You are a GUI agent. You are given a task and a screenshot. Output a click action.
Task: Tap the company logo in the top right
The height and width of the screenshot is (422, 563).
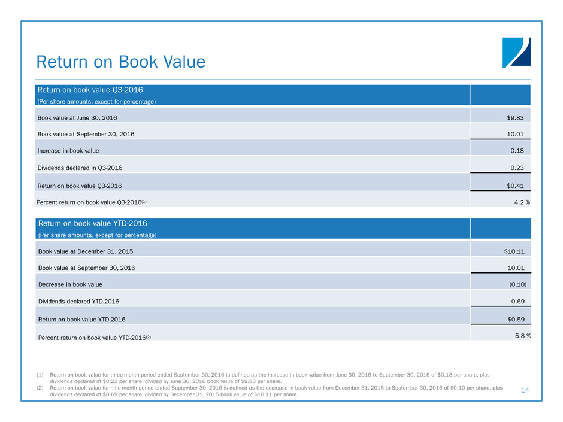[x=516, y=53]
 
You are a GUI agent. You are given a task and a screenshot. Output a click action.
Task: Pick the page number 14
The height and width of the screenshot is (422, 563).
[x=525, y=390]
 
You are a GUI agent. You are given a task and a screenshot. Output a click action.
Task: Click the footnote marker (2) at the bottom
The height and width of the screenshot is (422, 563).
[x=40, y=388]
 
